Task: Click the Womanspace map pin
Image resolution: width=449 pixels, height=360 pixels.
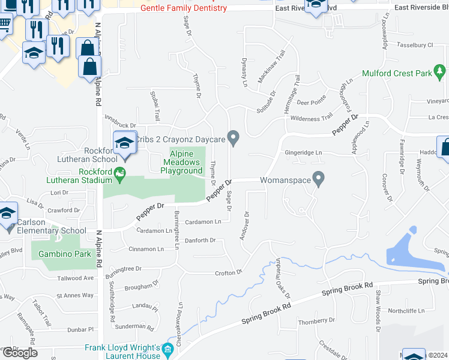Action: [319, 178]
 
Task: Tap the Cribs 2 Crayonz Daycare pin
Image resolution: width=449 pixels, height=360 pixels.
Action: [234, 139]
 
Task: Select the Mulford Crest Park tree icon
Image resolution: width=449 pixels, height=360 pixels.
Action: [440, 74]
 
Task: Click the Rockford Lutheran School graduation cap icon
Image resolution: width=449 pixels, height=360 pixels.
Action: [125, 143]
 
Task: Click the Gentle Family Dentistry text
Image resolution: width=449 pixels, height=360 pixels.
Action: [184, 8]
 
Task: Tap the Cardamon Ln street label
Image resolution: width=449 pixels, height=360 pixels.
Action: [203, 221]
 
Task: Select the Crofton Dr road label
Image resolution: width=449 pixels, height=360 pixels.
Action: [228, 272]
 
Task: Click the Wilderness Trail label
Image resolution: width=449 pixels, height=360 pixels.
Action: [311, 119]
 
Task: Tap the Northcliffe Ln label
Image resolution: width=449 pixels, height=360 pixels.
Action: [406, 311]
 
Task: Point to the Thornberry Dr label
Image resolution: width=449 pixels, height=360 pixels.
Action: [316, 322]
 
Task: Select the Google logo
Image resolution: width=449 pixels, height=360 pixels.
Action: [20, 353]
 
